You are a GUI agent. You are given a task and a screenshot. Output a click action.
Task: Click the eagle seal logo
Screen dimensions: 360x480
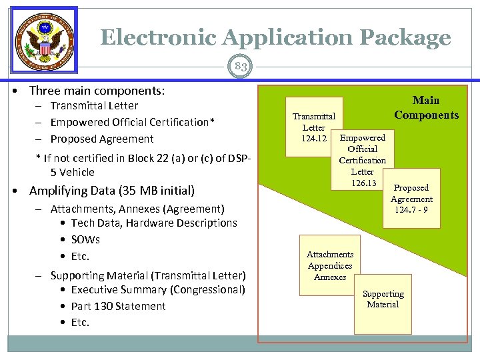coord(44,39)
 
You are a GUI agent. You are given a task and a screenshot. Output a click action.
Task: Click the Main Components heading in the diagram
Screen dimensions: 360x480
coord(426,107)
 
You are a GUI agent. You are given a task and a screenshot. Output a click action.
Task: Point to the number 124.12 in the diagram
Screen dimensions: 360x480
coord(313,138)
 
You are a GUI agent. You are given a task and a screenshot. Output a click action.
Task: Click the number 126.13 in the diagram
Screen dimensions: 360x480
coord(363,183)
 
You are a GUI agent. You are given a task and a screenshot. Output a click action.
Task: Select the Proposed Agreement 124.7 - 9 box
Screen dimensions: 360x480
coord(411,199)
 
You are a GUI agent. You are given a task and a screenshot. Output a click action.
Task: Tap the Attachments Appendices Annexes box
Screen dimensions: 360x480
coord(329,265)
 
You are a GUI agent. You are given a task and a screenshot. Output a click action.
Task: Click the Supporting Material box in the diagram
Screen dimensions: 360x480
coord(383,299)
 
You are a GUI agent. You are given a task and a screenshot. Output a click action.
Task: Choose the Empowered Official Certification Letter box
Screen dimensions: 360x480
coord(363,160)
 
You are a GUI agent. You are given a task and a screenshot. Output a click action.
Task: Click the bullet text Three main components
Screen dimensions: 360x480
coord(97,90)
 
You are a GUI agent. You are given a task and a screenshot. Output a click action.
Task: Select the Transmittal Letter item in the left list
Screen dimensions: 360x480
coord(94,105)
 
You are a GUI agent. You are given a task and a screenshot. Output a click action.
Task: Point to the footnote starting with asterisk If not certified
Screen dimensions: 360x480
coord(143,165)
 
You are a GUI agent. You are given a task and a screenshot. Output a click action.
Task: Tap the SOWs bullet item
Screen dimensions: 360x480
coord(85,239)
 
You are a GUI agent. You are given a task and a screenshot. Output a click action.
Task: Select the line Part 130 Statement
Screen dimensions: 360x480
coord(118,306)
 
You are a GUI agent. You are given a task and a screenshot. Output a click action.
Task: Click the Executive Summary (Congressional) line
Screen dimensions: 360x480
coord(158,289)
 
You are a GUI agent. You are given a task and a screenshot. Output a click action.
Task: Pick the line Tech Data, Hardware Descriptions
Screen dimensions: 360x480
coord(154,223)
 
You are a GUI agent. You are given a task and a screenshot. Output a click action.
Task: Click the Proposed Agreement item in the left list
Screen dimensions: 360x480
coord(102,139)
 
